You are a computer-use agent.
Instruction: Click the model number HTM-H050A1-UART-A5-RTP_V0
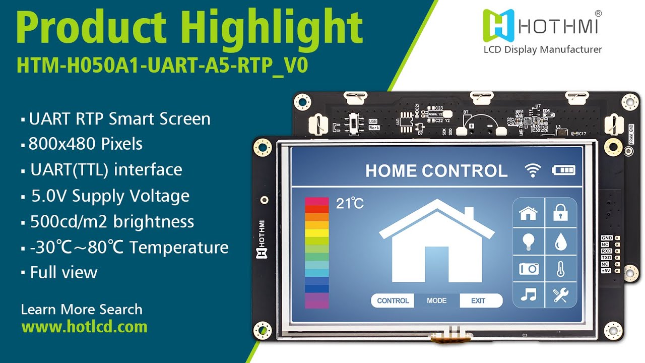pos(162,66)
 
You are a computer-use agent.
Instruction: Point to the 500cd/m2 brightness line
pos(112,222)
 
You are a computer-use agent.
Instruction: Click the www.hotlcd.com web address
pos(85,327)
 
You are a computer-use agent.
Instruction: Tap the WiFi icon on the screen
pos(532,170)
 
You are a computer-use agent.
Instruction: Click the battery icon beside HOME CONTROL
pos(563,170)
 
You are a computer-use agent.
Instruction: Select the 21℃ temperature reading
pos(350,204)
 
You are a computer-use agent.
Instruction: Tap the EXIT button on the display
pos(478,300)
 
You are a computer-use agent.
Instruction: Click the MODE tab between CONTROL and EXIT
pos(436,300)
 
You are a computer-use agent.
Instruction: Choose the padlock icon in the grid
pos(560,213)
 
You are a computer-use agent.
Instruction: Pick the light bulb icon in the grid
pos(528,241)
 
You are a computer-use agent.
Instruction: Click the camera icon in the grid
pos(529,268)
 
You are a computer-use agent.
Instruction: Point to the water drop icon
pos(560,241)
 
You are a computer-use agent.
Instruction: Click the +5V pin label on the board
pos(606,271)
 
